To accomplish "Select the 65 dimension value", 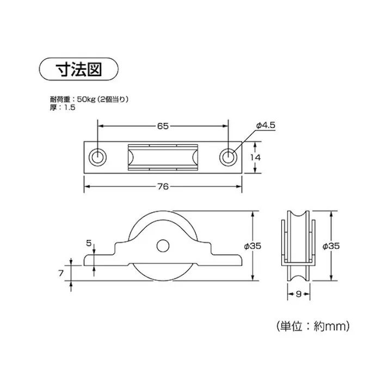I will [x=162, y=126].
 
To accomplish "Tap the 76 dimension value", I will [x=162, y=186].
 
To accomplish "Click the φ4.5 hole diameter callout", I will [x=266, y=126].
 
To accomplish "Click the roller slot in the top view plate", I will [x=163, y=157].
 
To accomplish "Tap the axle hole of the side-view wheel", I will [x=162, y=246].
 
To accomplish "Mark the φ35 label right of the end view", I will [x=331, y=246].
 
